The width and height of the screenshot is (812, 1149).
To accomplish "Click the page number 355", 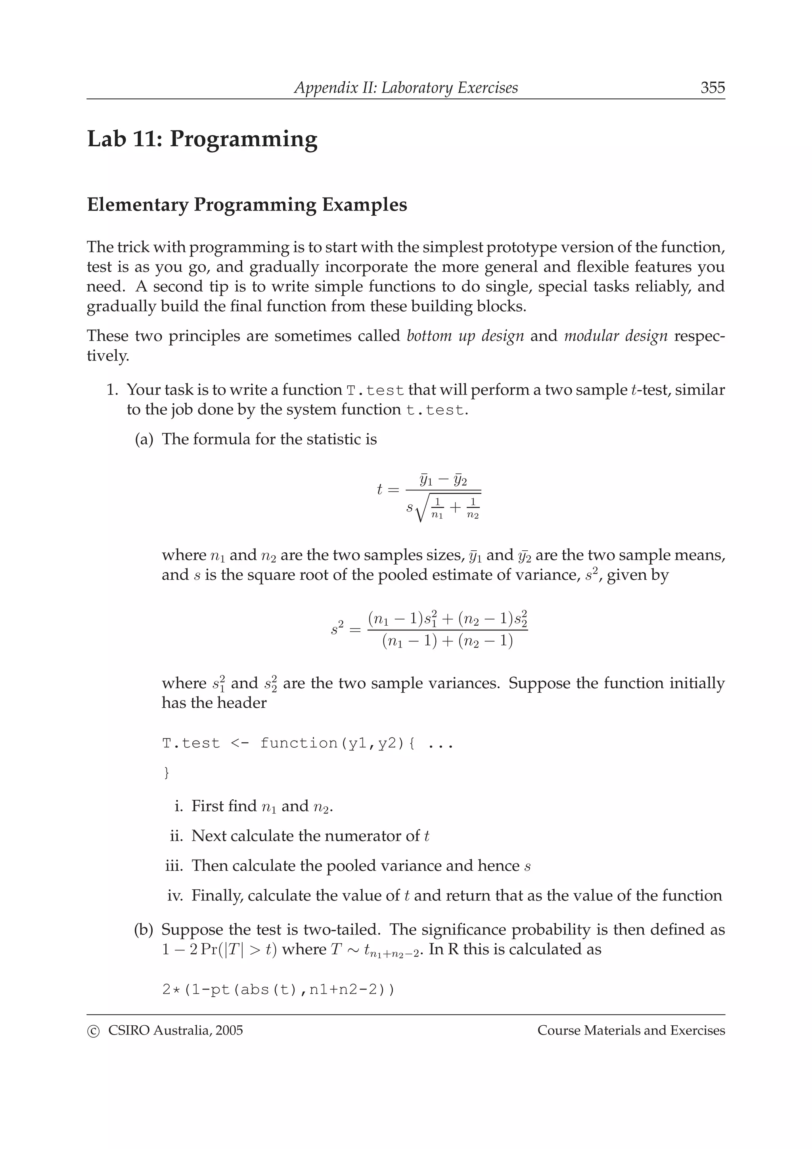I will point(712,88).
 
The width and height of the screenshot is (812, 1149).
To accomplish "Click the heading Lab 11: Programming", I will point(202,139).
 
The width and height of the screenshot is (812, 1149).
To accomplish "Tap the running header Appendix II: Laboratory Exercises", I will point(406,88).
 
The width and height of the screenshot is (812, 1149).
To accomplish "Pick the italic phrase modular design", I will point(615,336).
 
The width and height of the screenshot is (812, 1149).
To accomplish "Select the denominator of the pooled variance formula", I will point(447,642).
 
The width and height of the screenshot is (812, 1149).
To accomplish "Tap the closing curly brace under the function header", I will point(167,773).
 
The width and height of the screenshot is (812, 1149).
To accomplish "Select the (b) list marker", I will point(144,930).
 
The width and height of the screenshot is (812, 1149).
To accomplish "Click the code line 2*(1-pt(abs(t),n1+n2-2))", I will point(278,990).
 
